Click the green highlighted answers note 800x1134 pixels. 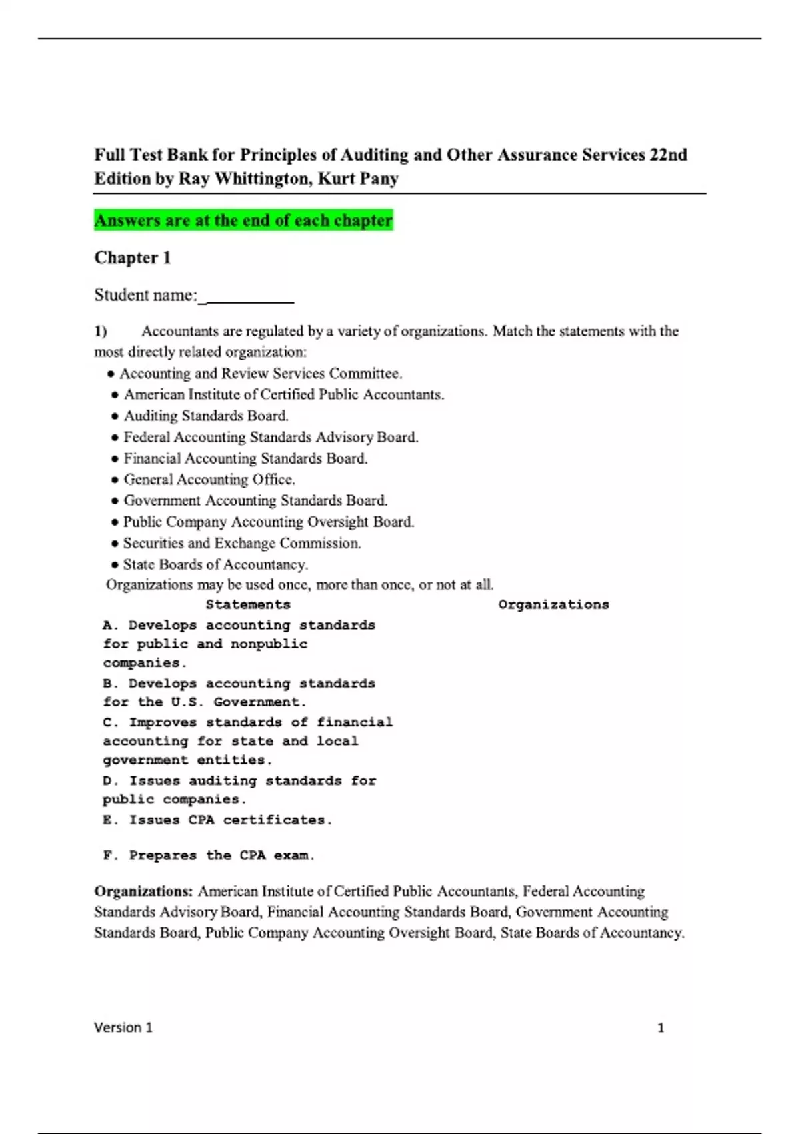coord(243,221)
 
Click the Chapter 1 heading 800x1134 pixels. coord(133,258)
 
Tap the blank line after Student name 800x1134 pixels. coord(248,297)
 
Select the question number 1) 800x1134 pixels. coord(101,332)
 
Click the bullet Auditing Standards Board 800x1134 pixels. coord(206,416)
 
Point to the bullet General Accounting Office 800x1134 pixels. coord(209,480)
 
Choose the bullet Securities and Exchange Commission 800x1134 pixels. coord(242,544)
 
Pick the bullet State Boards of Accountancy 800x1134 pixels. coord(215,565)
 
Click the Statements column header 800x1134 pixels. coord(248,605)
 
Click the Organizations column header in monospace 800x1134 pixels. coord(553,605)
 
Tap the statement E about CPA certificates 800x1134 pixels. coord(217,820)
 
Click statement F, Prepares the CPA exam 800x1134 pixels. coord(209,855)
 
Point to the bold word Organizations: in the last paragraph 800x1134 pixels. coord(143,892)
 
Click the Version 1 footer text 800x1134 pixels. coord(123,1028)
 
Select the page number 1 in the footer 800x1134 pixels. coord(661,1028)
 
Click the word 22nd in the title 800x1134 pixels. coord(668,155)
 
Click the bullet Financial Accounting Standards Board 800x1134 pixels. coord(245,459)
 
